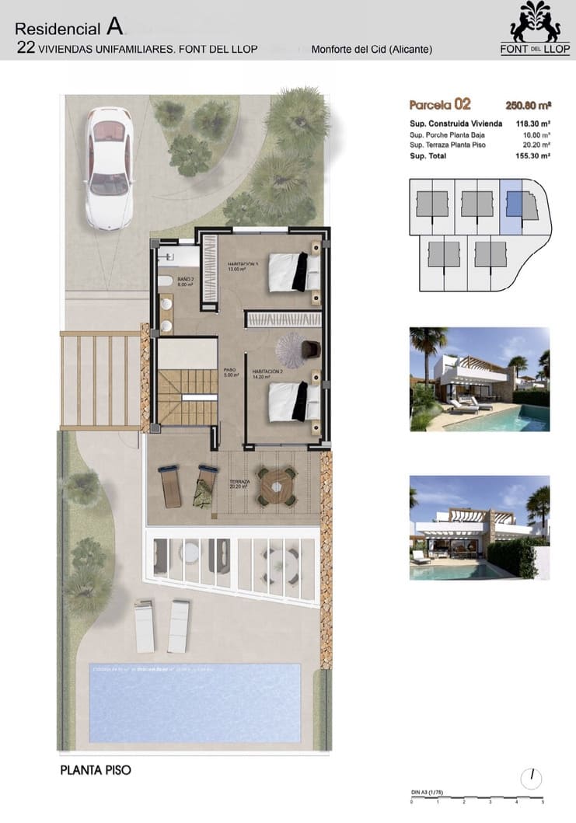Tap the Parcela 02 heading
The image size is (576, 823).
(440, 104)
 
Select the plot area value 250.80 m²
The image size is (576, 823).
(528, 105)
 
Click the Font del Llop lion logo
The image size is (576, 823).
(536, 23)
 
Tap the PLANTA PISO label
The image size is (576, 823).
(96, 770)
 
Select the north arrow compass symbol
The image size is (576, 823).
(532, 777)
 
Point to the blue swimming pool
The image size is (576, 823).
(195, 702)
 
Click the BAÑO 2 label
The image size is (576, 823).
(185, 278)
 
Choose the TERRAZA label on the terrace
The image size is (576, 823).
(239, 483)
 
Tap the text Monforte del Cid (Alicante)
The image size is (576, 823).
(372, 49)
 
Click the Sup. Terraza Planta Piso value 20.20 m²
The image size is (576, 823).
(536, 145)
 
